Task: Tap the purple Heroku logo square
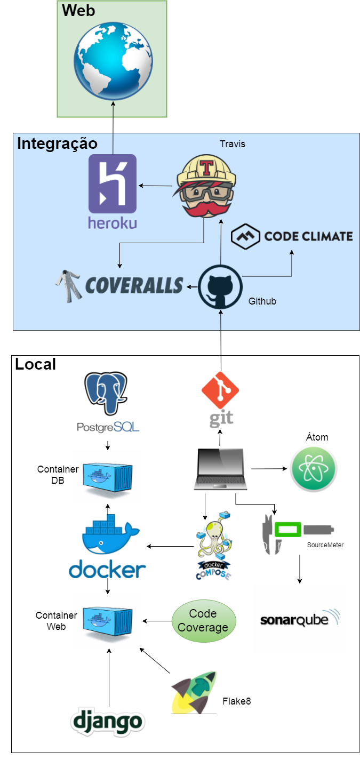113,183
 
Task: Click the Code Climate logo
292,236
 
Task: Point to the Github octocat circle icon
220,287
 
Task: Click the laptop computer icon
221,469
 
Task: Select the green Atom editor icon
313,469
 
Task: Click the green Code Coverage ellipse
203,621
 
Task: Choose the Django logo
108,722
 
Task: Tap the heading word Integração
57,143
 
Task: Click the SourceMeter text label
325,545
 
